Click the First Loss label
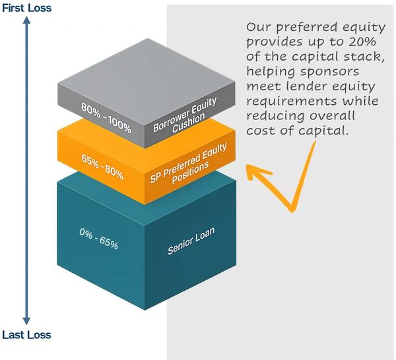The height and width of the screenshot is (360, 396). click(26, 9)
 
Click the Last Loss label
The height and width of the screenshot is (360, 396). click(26, 335)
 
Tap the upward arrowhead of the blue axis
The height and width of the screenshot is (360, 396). click(26, 21)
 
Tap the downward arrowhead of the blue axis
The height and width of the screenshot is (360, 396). click(26, 321)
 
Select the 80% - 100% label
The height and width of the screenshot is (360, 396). click(106, 117)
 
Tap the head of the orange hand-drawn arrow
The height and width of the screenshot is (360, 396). click(251, 169)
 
